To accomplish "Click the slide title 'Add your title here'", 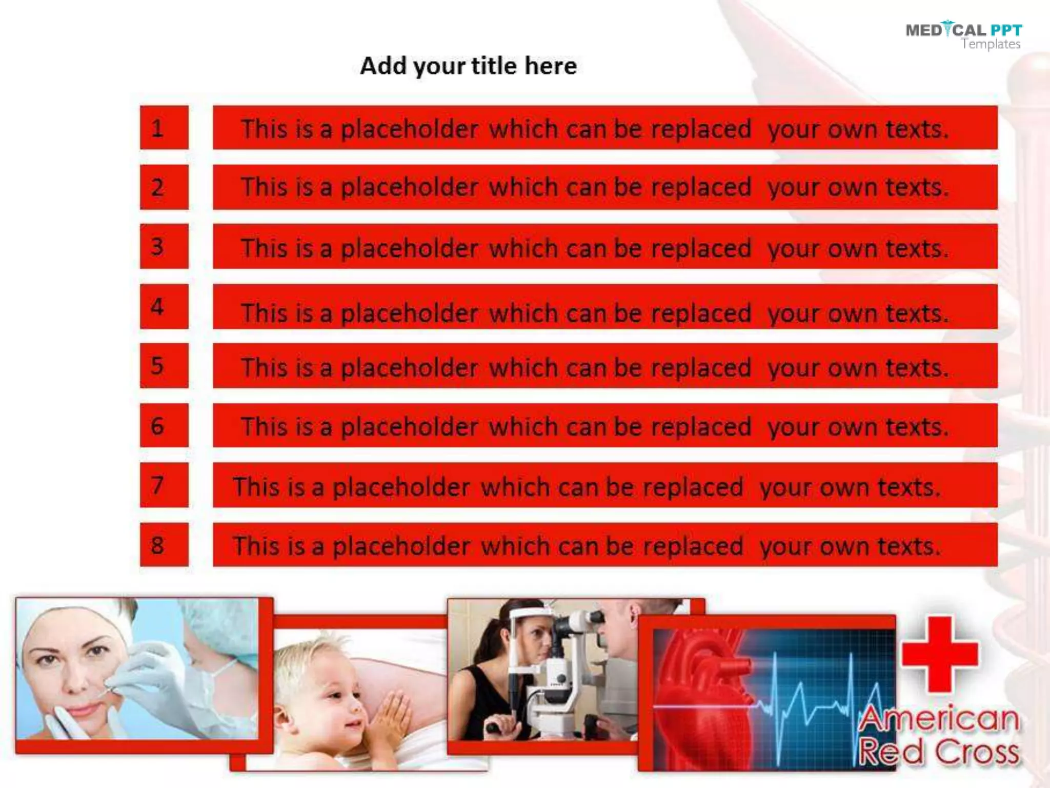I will (x=468, y=66).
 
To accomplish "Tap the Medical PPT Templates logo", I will (x=963, y=36).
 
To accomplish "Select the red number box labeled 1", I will (x=164, y=128).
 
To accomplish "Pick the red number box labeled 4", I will (x=164, y=306).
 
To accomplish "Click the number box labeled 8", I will (x=164, y=545).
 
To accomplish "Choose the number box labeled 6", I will (x=164, y=425).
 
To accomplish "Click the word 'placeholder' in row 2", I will (x=409, y=187).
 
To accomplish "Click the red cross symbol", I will (x=939, y=654).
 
